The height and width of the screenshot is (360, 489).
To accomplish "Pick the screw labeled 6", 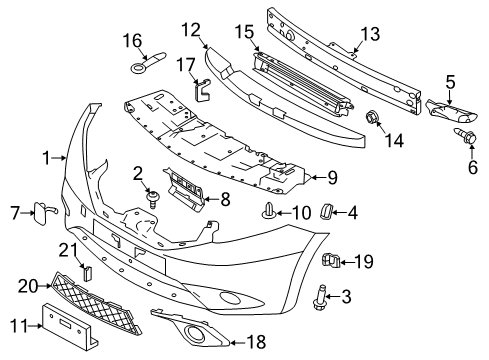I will tap(469, 135).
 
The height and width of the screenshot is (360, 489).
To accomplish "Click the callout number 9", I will tap(334, 179).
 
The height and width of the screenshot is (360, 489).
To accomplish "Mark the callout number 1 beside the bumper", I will tap(45, 156).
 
